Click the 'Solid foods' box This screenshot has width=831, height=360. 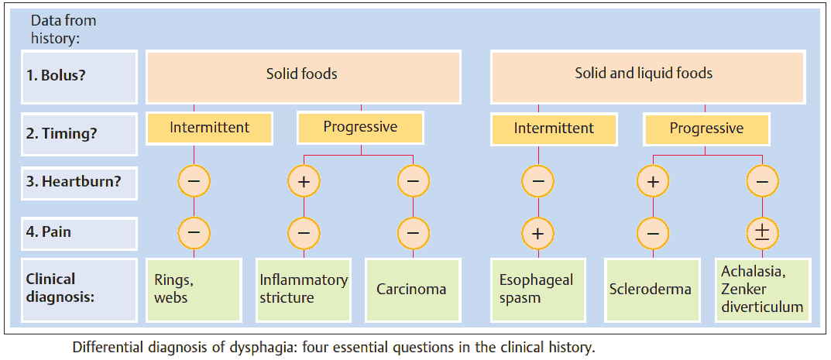click(x=302, y=75)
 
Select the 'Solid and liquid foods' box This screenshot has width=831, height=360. click(x=644, y=74)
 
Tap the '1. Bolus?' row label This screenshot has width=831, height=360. click(x=80, y=77)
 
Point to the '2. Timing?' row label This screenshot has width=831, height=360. click(x=80, y=132)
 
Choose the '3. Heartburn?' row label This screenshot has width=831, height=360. click(x=80, y=183)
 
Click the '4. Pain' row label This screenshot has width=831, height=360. click(x=80, y=231)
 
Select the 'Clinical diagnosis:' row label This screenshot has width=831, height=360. click(x=80, y=287)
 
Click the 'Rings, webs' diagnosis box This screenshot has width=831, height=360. click(x=194, y=289)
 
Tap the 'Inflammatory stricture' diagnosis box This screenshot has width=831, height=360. click(x=304, y=289)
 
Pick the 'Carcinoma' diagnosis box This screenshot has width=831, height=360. click(x=412, y=290)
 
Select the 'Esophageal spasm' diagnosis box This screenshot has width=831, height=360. click(x=538, y=289)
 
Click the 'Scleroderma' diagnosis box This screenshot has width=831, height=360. click(x=651, y=290)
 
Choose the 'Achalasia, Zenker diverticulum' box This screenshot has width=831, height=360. click(x=762, y=289)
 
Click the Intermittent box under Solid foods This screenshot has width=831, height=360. click(x=209, y=128)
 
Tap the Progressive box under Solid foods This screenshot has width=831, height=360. click(x=360, y=128)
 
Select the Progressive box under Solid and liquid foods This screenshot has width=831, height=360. click(x=706, y=129)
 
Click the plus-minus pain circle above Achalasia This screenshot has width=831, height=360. click(x=762, y=231)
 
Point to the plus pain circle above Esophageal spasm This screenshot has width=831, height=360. click(x=538, y=231)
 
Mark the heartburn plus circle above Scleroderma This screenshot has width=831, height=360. click(x=651, y=183)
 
